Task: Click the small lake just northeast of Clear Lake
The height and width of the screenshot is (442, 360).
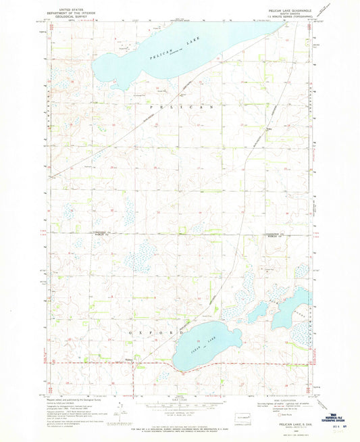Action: tap(257, 312)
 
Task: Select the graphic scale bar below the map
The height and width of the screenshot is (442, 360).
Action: tap(177, 409)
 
